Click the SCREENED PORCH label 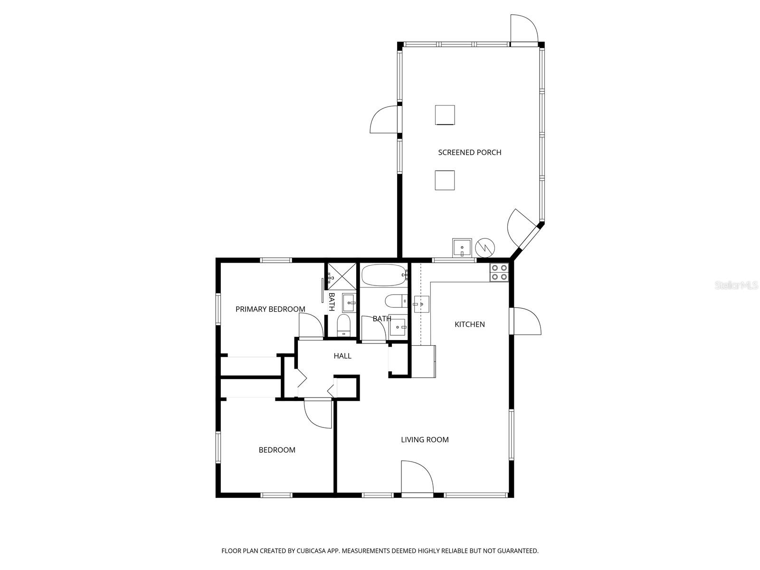(469, 152)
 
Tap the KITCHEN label (470, 324)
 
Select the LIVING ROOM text (425, 440)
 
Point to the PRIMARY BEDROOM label (270, 309)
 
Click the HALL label (342, 356)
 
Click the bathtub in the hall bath (384, 276)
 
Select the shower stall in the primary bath (342, 276)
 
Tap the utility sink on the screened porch (461, 248)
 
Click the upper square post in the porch (445, 115)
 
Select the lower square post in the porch (445, 180)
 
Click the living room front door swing (416, 477)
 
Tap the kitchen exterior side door (526, 322)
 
